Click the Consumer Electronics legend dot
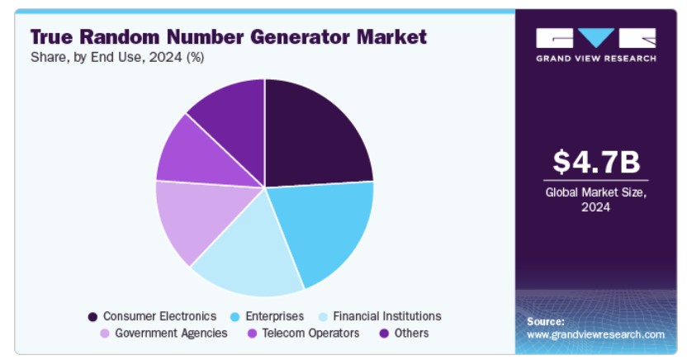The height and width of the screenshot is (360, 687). (x=92, y=316)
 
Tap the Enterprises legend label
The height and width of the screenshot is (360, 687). (x=274, y=316)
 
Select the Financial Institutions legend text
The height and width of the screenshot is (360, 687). (x=387, y=316)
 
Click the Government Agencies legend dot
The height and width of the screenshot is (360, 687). (x=105, y=334)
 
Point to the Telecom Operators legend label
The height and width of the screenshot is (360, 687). (x=310, y=333)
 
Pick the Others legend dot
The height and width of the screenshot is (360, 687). (x=384, y=334)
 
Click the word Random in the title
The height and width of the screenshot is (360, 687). (x=120, y=37)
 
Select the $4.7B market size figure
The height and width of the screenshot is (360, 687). (x=596, y=162)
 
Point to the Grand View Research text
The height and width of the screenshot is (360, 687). (x=596, y=59)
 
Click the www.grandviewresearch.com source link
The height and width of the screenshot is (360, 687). (x=595, y=334)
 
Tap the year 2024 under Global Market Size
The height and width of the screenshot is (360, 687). (x=595, y=207)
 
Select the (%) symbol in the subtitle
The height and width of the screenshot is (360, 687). (x=195, y=57)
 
